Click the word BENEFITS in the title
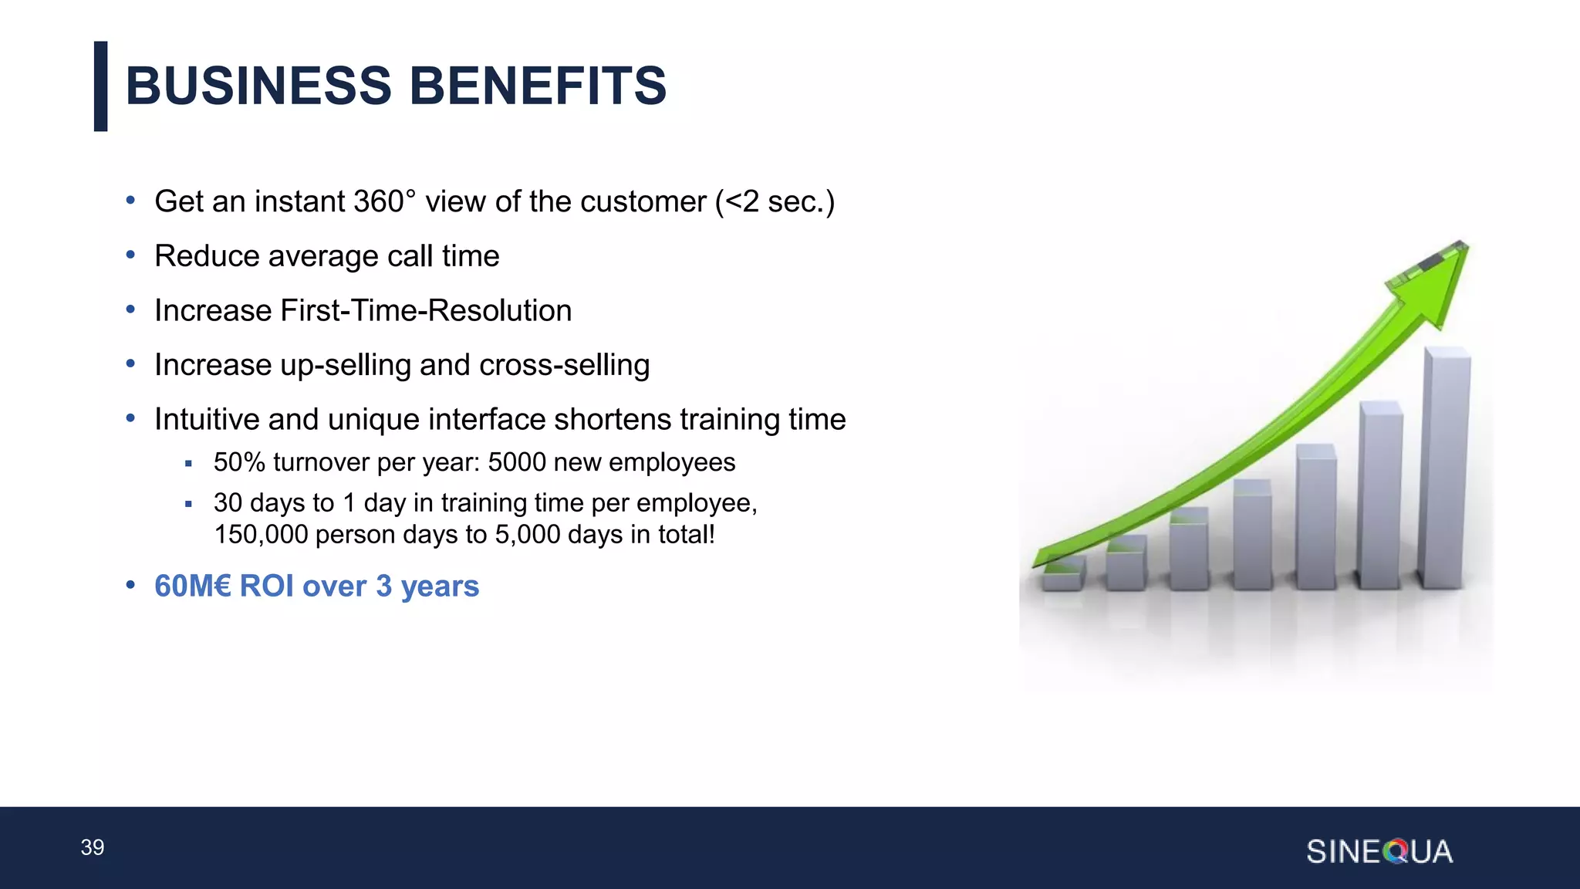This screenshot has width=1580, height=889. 538,86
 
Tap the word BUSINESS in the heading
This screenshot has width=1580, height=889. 258,86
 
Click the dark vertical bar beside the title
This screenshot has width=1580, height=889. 100,86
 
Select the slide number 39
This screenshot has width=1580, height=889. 93,847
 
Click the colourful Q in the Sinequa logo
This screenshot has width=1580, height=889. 1396,852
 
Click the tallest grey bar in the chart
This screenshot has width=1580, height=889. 1444,471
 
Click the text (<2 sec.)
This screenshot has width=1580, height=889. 775,202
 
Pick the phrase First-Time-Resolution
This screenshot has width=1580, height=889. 426,311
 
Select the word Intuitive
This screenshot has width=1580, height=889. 207,420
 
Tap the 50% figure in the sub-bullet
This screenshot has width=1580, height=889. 239,462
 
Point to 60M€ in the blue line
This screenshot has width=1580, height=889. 193,586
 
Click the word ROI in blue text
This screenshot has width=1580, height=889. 266,586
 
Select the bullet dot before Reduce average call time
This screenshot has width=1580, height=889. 130,255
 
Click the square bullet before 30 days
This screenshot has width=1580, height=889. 188,504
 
